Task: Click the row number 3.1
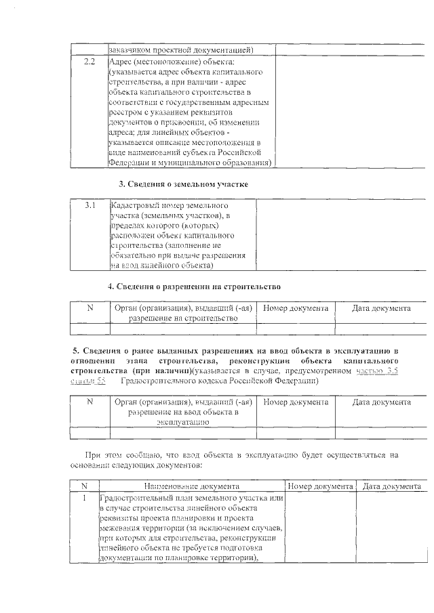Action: pyautogui.click(x=90, y=204)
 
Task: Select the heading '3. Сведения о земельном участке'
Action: pyautogui.click(x=183, y=184)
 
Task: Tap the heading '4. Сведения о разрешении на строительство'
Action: pyautogui.click(x=194, y=287)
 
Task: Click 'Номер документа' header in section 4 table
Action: pyautogui.click(x=295, y=308)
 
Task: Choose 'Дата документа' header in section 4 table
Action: pyautogui.click(x=381, y=308)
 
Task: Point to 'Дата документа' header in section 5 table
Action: pyautogui.click(x=381, y=402)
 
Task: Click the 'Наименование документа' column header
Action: pyautogui.click(x=191, y=486)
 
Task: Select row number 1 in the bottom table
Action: pyautogui.click(x=84, y=498)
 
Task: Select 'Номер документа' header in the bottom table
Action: pyautogui.click(x=320, y=486)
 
